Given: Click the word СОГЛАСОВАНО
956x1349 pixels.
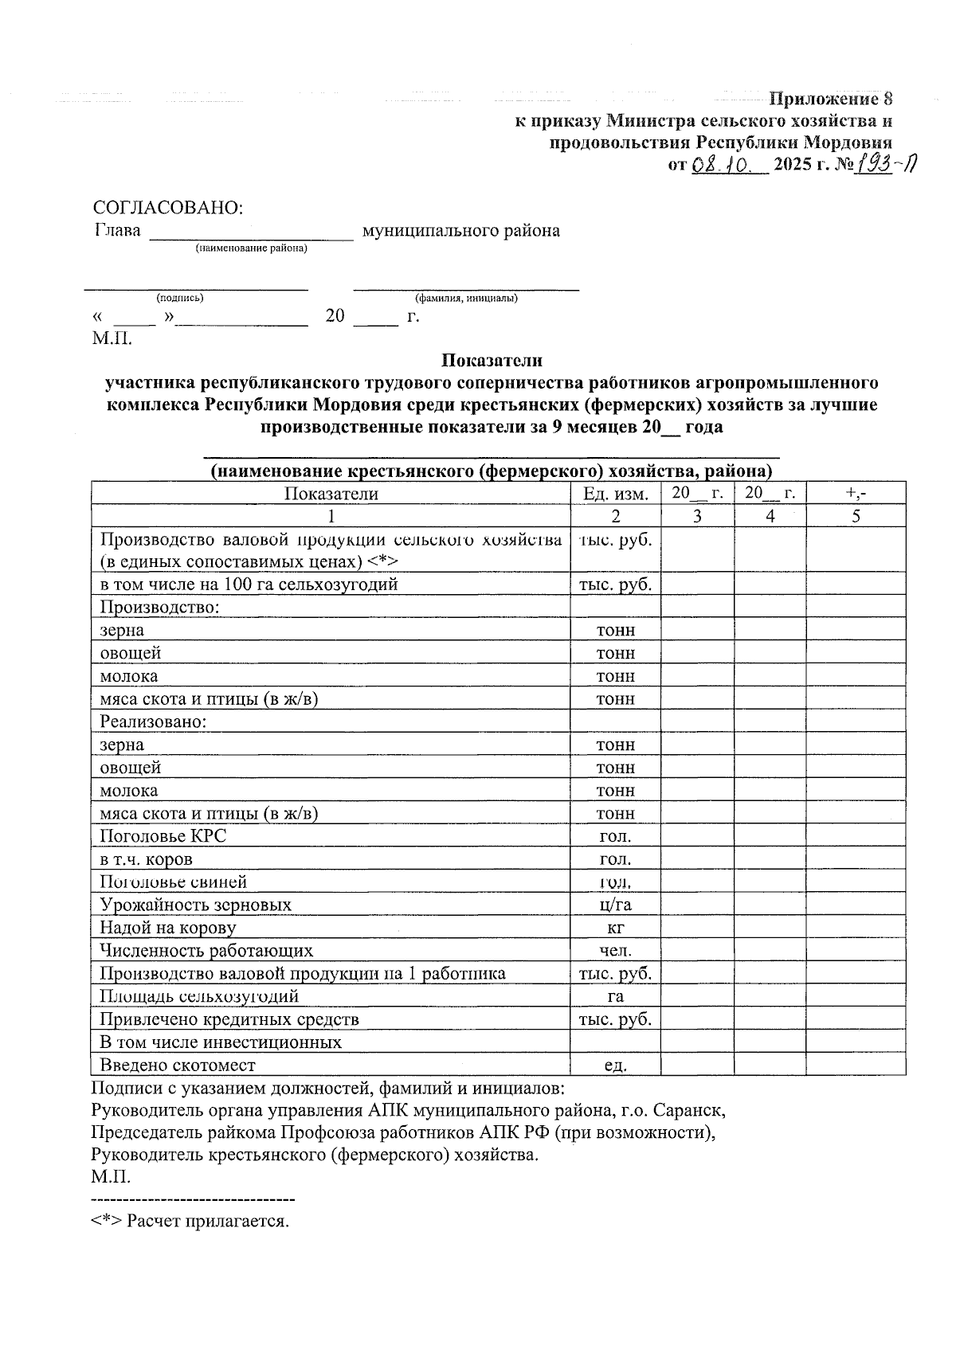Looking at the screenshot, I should tap(167, 208).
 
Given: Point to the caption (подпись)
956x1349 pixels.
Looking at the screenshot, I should tap(180, 298).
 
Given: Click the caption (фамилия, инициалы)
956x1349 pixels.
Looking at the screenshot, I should tap(466, 298).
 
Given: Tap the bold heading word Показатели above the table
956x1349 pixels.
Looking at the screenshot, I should tap(492, 361).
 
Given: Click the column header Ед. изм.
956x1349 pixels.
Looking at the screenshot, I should tap(616, 494).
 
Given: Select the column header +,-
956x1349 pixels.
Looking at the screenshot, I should tap(856, 494).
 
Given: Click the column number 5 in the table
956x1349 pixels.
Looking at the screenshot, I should tap(856, 516).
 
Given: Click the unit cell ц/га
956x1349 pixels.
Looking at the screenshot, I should tap(616, 905).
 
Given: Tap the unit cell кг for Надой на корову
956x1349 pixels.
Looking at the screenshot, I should tap(616, 929).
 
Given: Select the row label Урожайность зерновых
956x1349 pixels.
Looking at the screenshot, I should tap(195, 905).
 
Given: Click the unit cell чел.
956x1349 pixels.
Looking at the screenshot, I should tap(616, 951).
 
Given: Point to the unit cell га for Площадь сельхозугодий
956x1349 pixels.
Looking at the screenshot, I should tap(616, 997).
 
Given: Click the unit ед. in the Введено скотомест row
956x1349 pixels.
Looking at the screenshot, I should tap(616, 1066).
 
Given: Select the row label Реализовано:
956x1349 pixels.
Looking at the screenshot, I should tap(153, 721).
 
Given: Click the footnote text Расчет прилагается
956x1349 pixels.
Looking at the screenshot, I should tap(207, 1221).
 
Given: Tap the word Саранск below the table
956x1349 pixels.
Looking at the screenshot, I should tap(692, 1110).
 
